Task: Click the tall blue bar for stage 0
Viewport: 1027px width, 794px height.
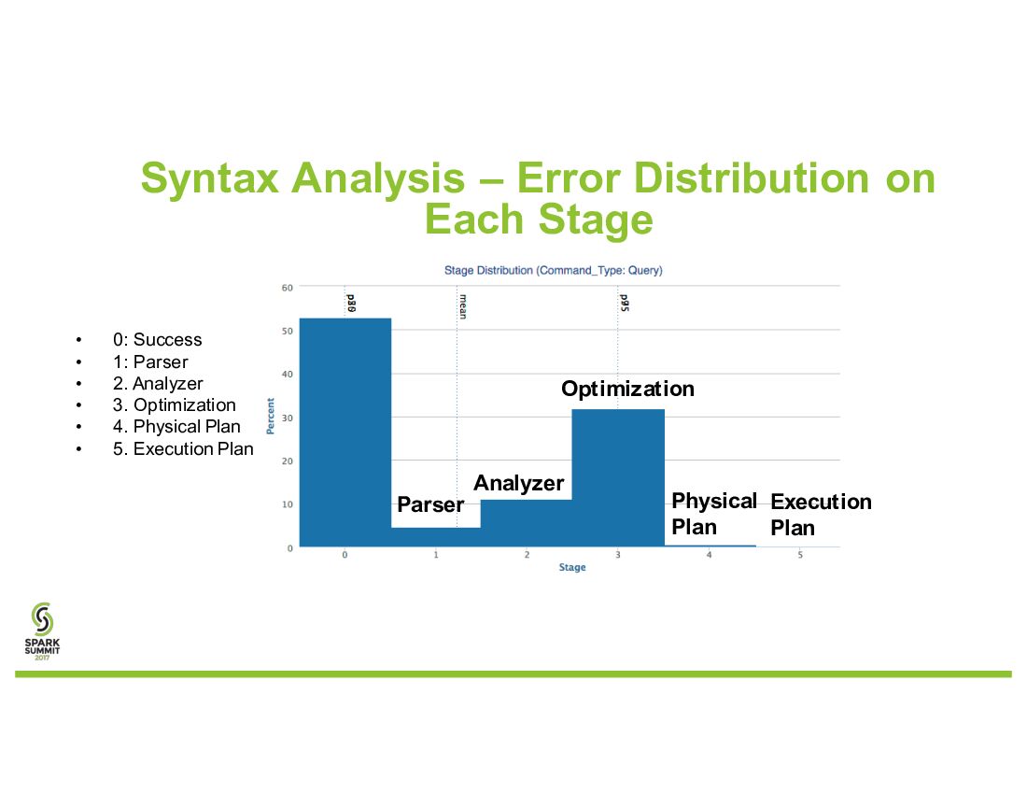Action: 345,432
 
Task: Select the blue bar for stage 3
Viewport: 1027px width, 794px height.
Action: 618,477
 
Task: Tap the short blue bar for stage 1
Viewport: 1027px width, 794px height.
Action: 436,536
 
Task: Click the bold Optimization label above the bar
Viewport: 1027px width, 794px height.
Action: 627,390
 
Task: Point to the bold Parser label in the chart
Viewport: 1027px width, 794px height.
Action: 430,504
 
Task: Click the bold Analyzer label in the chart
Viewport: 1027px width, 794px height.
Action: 519,484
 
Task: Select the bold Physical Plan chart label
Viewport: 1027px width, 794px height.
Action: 714,514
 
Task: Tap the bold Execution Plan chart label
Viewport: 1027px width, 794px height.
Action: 821,515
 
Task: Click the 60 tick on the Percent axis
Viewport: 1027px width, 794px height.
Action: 287,288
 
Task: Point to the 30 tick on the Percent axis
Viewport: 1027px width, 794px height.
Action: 287,418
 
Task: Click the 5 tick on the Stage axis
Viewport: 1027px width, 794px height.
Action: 800,555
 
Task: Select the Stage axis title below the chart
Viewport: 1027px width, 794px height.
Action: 571,567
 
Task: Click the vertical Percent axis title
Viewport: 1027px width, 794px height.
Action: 270,416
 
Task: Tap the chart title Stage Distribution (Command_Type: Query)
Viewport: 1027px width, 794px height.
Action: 554,270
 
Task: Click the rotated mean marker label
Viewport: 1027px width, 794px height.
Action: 462,306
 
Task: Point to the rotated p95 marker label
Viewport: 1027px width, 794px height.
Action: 625,303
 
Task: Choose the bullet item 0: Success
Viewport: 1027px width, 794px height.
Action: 157,339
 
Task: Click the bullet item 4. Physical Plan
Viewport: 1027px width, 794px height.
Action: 176,427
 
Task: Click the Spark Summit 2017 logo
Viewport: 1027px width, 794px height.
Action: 42,631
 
